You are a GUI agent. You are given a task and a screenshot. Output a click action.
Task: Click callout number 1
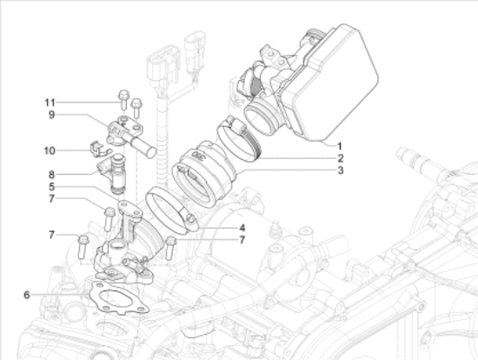340,146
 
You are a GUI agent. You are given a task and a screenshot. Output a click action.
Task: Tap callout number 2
340,158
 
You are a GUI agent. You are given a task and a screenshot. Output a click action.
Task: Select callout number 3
340,170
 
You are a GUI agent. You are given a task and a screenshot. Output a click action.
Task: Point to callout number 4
242,228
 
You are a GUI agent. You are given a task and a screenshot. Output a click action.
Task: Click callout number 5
51,187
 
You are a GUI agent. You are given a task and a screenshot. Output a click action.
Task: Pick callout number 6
27,295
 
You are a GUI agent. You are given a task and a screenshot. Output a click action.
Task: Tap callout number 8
51,175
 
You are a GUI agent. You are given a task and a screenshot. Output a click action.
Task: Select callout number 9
51,115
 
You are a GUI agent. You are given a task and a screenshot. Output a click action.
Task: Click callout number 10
50,150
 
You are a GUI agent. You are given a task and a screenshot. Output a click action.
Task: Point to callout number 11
50,103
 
